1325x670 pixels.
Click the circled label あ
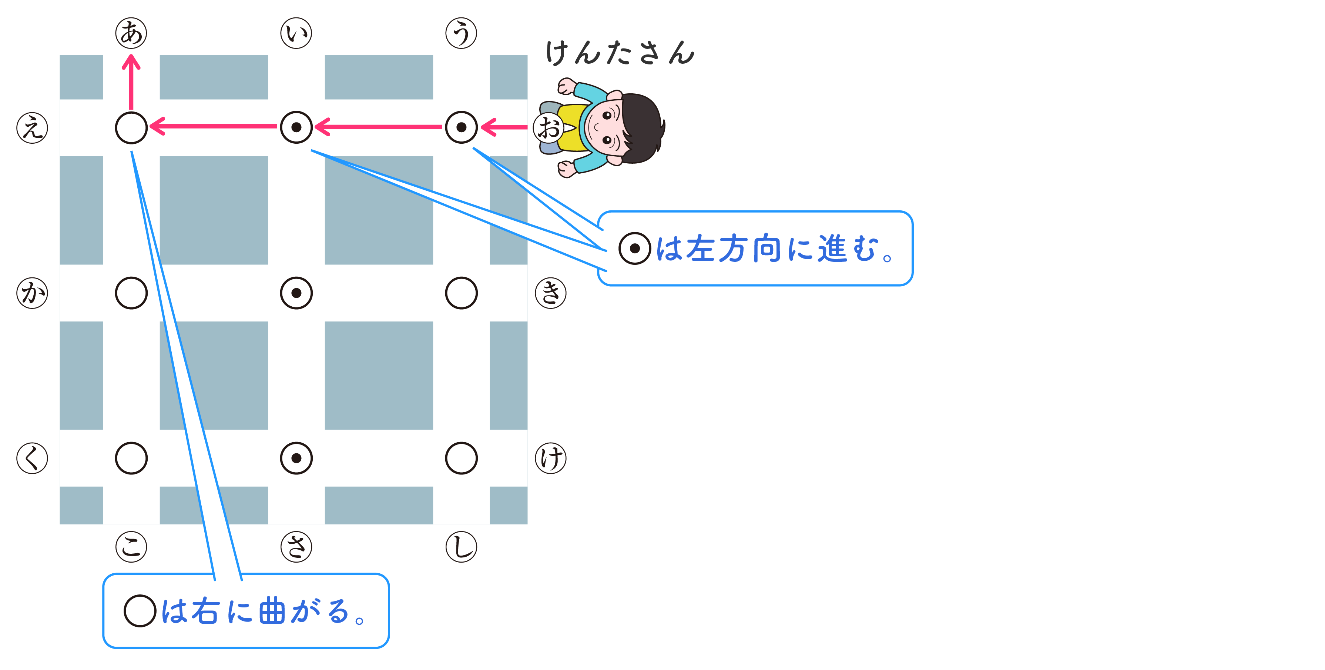click(131, 33)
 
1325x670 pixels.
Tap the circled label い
click(296, 33)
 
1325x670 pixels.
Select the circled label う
click(462, 33)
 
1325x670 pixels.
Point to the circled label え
click(33, 128)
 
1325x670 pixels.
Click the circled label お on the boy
click(548, 128)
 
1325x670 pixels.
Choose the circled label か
click(33, 293)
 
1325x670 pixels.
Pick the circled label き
click(551, 293)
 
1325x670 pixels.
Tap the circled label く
click(33, 458)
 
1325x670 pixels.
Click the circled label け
click(551, 458)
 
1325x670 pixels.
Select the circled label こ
click(131, 547)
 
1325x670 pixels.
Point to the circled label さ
click(296, 547)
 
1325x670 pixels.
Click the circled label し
click(462, 547)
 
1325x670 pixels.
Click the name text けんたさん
click(620, 53)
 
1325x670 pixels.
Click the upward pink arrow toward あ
click(131, 82)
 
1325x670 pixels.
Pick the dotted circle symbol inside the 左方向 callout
click(635, 249)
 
